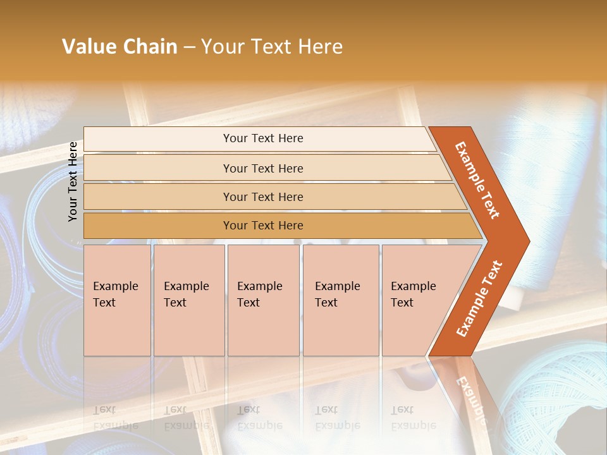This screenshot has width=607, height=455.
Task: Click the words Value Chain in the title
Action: click(x=120, y=47)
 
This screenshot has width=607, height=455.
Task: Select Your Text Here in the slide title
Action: click(x=272, y=47)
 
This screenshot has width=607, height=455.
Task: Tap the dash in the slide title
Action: click(x=189, y=47)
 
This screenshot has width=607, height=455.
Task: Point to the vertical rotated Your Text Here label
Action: click(x=73, y=181)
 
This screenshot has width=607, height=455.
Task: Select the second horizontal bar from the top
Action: click(x=263, y=168)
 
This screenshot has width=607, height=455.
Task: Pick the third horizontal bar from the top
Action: click(x=263, y=197)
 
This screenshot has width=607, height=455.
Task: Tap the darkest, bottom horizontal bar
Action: click(x=263, y=226)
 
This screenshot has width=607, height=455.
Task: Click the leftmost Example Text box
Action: click(x=117, y=300)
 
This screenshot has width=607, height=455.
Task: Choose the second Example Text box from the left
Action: click(x=188, y=300)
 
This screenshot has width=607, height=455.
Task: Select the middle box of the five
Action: click(x=263, y=300)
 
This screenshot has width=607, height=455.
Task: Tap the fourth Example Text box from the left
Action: click(x=340, y=300)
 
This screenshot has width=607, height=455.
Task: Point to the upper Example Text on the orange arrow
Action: click(x=477, y=180)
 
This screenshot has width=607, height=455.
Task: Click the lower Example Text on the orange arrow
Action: click(x=479, y=298)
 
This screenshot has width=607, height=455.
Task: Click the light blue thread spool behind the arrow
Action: click(x=550, y=190)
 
